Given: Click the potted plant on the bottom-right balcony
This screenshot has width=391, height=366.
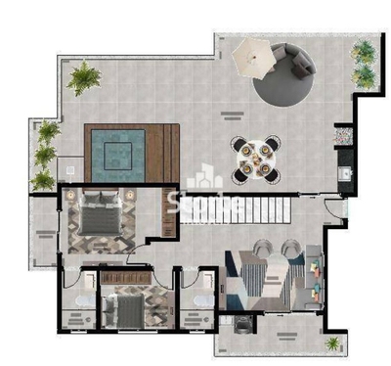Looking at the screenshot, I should click(x=334, y=343).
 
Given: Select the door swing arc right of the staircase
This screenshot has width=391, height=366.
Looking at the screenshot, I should click(x=335, y=207).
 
